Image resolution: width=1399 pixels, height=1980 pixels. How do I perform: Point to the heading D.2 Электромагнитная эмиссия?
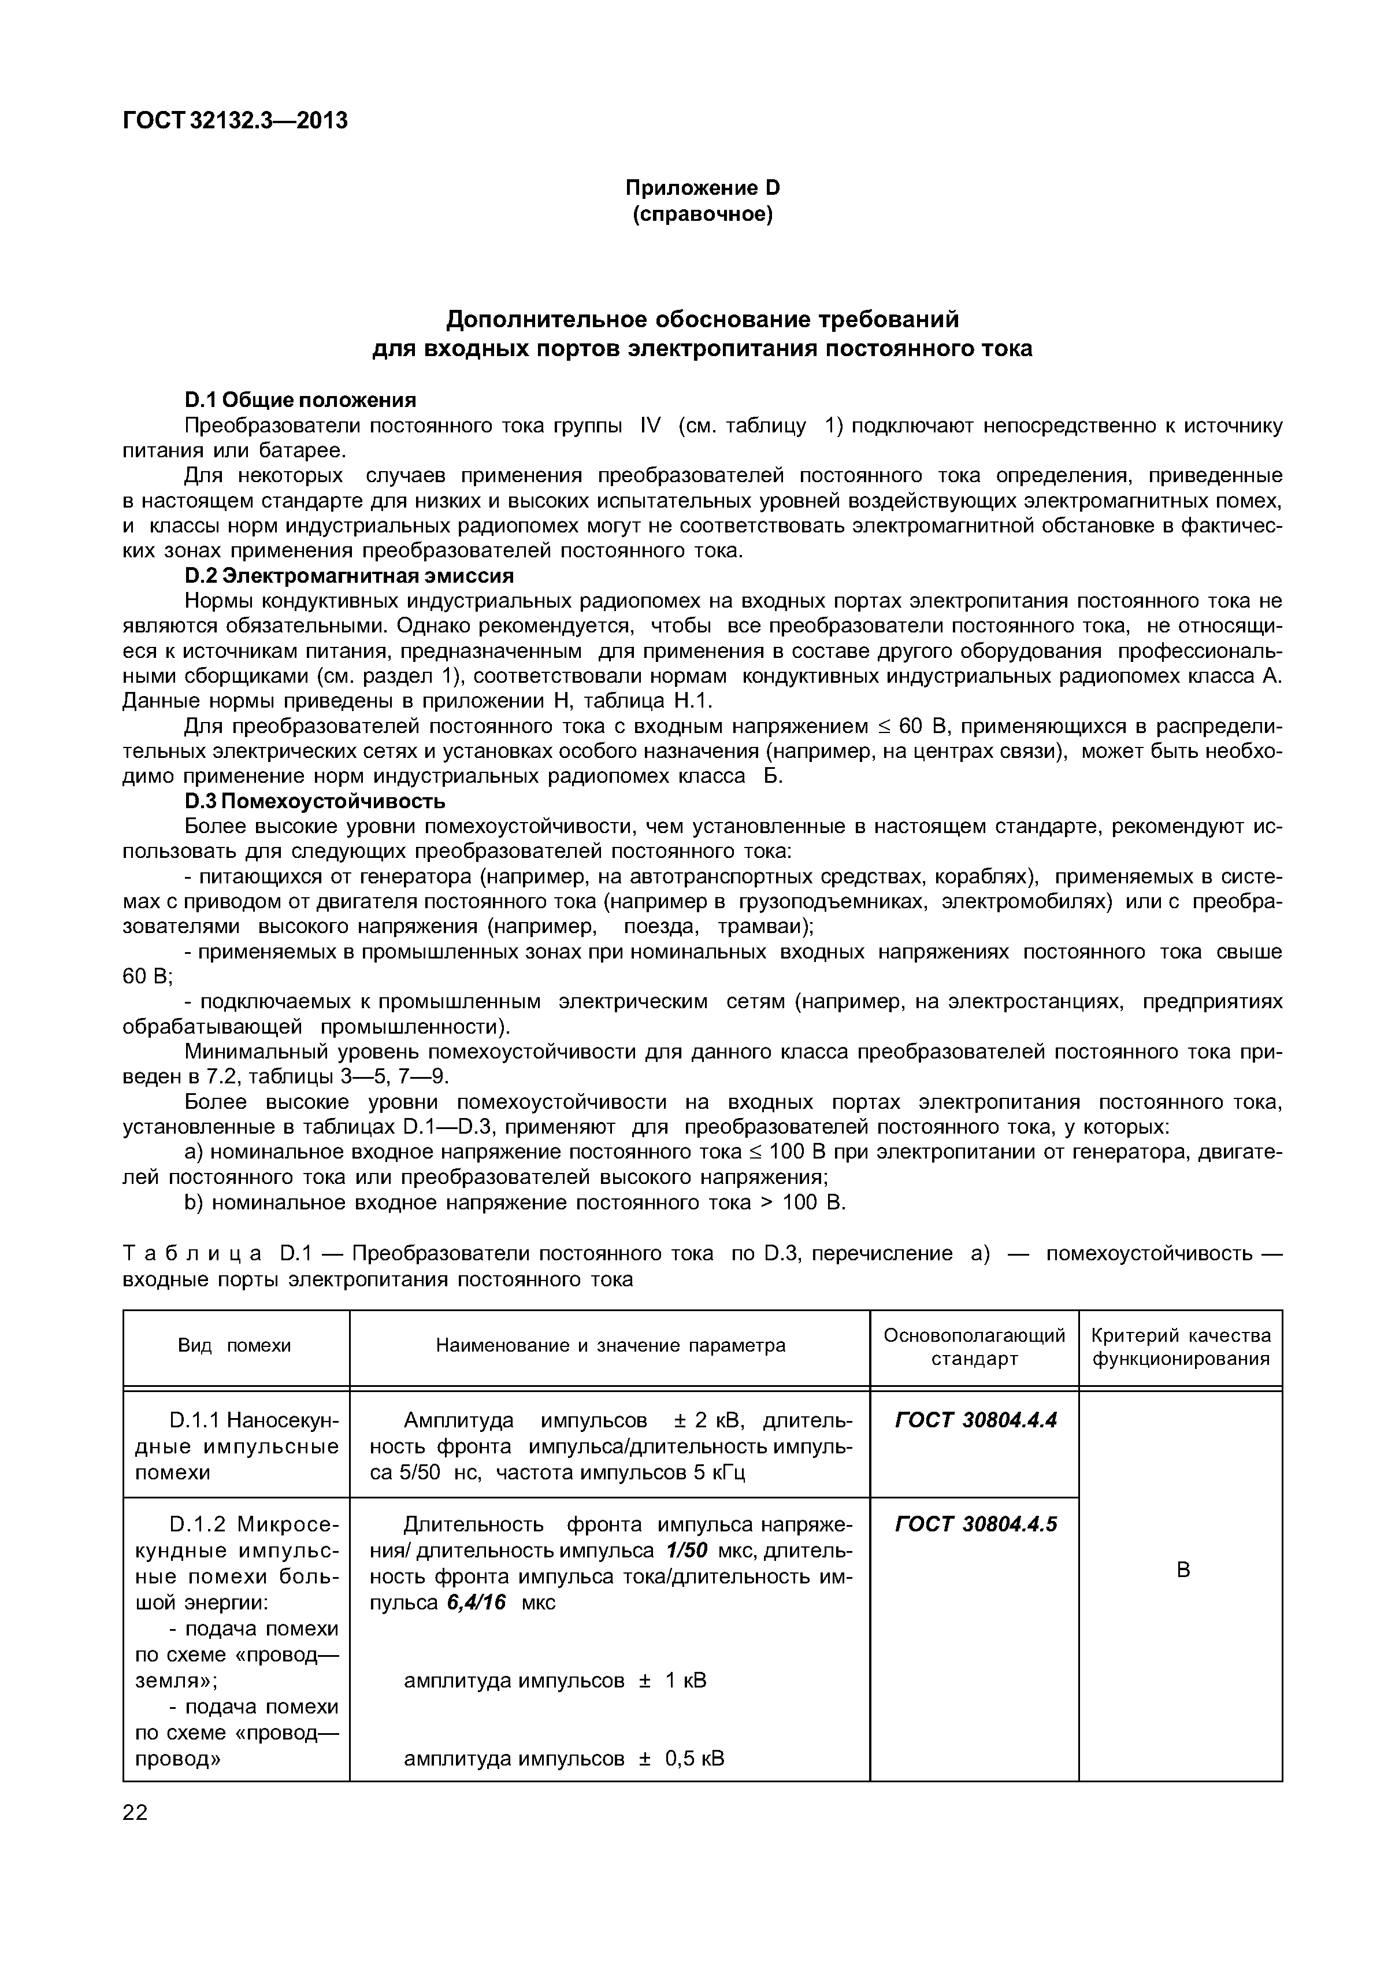349,575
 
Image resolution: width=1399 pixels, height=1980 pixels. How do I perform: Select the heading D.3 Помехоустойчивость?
316,801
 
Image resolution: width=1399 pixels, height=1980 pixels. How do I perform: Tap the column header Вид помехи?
235,1345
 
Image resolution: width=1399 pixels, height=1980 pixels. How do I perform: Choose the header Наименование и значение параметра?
610,1345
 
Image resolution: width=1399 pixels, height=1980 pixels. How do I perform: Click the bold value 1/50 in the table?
687,1550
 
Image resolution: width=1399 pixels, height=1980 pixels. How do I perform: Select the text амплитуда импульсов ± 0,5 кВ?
564,1759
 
